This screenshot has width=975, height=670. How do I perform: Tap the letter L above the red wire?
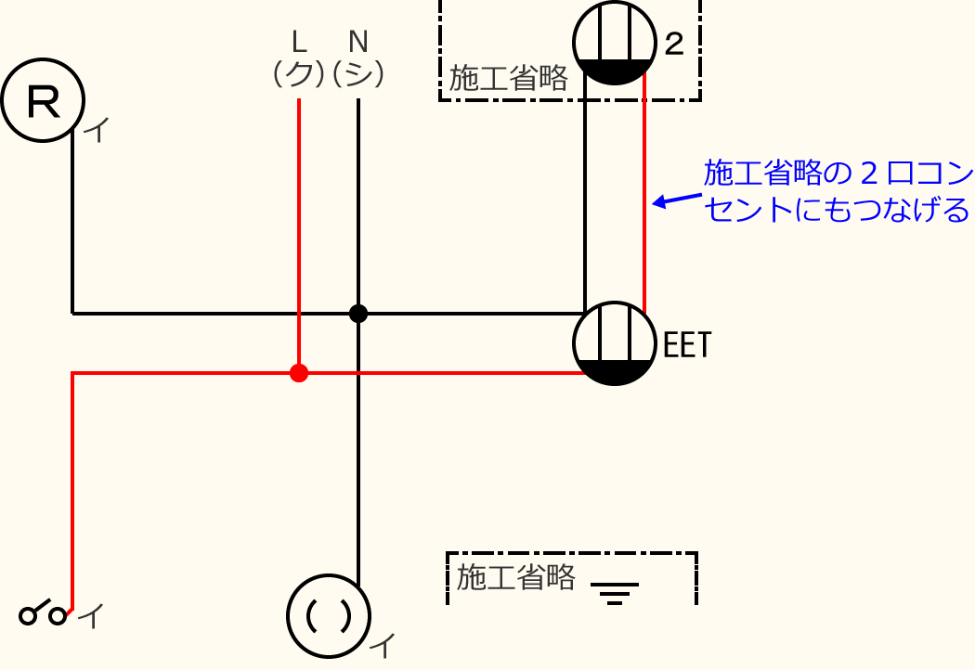click(298, 42)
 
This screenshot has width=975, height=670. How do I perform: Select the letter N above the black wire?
click(358, 42)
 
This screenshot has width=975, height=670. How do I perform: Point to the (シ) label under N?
click(358, 74)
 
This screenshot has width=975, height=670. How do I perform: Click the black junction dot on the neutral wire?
click(358, 314)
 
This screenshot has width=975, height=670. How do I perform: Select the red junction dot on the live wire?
click(298, 373)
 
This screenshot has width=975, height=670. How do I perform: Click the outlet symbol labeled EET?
click(614, 343)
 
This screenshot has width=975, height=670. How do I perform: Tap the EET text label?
click(687, 346)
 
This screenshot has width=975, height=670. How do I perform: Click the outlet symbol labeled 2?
click(614, 43)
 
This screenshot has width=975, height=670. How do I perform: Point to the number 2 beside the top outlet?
click(674, 44)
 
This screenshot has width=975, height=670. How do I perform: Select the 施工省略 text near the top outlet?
click(507, 79)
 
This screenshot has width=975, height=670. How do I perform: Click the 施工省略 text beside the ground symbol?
click(515, 577)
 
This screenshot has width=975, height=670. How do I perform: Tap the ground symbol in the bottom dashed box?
click(614, 592)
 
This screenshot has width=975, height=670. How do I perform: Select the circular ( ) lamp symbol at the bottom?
click(329, 614)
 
